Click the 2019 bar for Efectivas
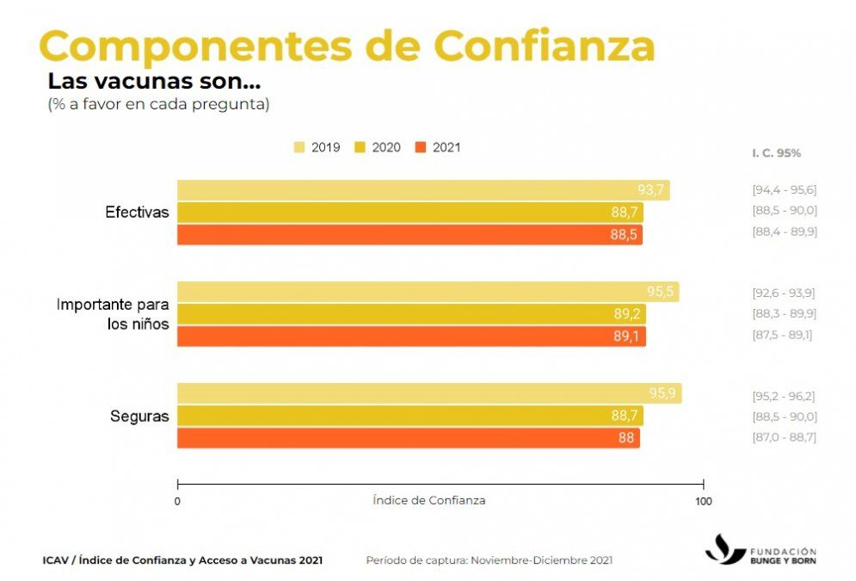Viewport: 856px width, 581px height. [x=422, y=190]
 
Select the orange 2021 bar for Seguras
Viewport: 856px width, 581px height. [x=408, y=437]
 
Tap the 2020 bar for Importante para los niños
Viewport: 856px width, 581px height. [x=410, y=314]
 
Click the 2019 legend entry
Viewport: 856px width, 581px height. [x=317, y=147]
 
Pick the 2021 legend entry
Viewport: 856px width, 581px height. [x=438, y=147]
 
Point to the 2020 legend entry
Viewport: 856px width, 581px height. [x=378, y=147]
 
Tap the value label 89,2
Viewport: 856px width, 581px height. [x=628, y=314]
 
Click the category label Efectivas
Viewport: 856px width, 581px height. [x=137, y=212]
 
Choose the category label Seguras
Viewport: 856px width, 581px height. [x=139, y=417]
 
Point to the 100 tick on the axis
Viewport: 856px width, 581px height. [x=704, y=501]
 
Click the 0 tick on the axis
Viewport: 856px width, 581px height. [x=177, y=501]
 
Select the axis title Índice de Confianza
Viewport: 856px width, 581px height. [x=429, y=500]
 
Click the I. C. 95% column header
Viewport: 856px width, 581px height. [x=776, y=152]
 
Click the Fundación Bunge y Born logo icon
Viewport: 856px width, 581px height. [x=724, y=548]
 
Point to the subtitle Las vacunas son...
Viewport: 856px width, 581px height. [x=154, y=83]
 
